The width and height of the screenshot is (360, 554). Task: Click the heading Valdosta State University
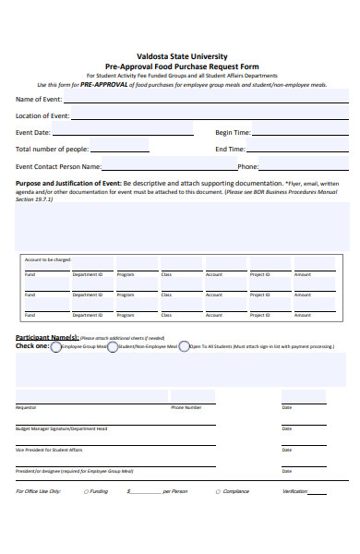[182, 56]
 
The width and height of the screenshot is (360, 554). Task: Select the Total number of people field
[119, 149]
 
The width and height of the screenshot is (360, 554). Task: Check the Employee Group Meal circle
[56, 346]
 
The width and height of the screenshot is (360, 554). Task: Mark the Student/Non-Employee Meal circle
[113, 346]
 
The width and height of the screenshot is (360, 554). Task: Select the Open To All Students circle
[184, 346]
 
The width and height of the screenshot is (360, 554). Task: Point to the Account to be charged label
[48, 259]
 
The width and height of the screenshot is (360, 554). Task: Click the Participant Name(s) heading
[47, 338]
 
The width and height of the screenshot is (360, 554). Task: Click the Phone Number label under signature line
[186, 407]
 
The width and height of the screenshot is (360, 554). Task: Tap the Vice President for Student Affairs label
[49, 450]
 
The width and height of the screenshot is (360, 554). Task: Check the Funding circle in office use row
[85, 491]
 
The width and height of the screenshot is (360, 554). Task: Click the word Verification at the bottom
[294, 491]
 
